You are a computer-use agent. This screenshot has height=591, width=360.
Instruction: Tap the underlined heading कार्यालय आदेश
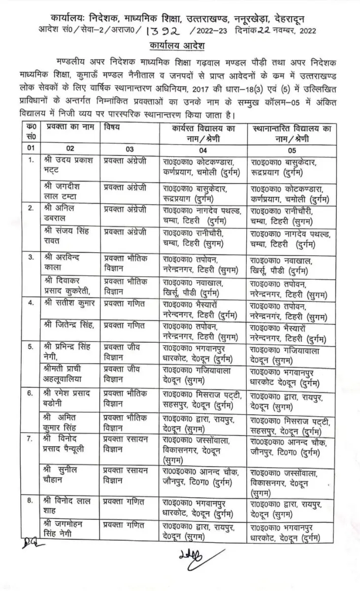point(179,46)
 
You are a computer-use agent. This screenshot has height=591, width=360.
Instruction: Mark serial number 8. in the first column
point(31,502)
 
